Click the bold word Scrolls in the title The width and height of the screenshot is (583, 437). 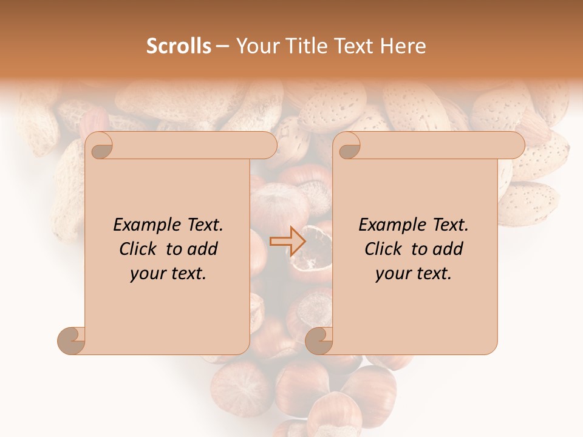point(179,46)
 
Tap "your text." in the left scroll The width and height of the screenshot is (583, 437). point(168,274)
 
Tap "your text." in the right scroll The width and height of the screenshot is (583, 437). point(414,274)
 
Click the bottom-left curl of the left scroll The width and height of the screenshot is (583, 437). point(71,340)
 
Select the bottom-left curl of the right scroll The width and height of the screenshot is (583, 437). point(319,340)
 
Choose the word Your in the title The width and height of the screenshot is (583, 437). point(256,46)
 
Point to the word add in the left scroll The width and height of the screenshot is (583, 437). point(203,249)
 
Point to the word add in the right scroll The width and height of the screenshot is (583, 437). point(448,249)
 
